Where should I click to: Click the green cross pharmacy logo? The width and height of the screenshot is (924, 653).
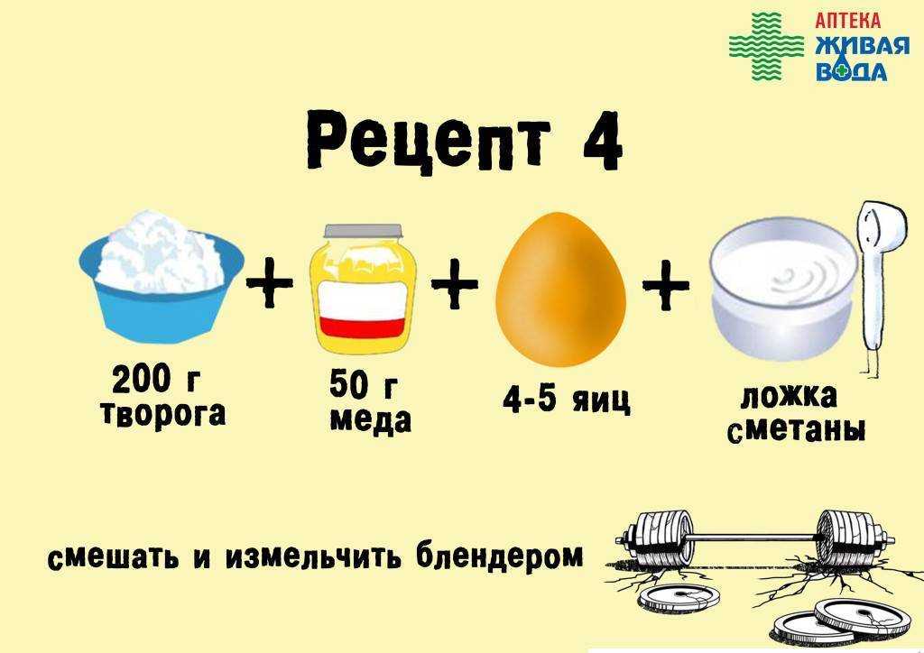(x=766, y=46)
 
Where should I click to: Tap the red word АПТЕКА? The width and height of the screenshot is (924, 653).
(x=848, y=21)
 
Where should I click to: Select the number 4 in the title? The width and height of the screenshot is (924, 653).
(x=603, y=140)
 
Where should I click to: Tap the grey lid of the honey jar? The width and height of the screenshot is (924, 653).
(x=363, y=231)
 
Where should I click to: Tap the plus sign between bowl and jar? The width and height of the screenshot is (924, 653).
(x=269, y=284)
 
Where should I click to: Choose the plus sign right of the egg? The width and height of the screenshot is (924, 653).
(x=666, y=287)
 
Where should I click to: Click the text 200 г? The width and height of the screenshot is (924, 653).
(x=156, y=380)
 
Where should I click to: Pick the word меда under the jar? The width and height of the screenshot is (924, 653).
(x=371, y=420)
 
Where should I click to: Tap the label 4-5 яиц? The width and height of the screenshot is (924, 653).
(x=567, y=400)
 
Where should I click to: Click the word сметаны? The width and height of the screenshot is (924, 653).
(x=797, y=430)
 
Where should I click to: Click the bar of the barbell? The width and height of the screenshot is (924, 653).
(x=754, y=538)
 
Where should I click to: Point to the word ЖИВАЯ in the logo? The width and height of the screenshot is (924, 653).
(x=862, y=45)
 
